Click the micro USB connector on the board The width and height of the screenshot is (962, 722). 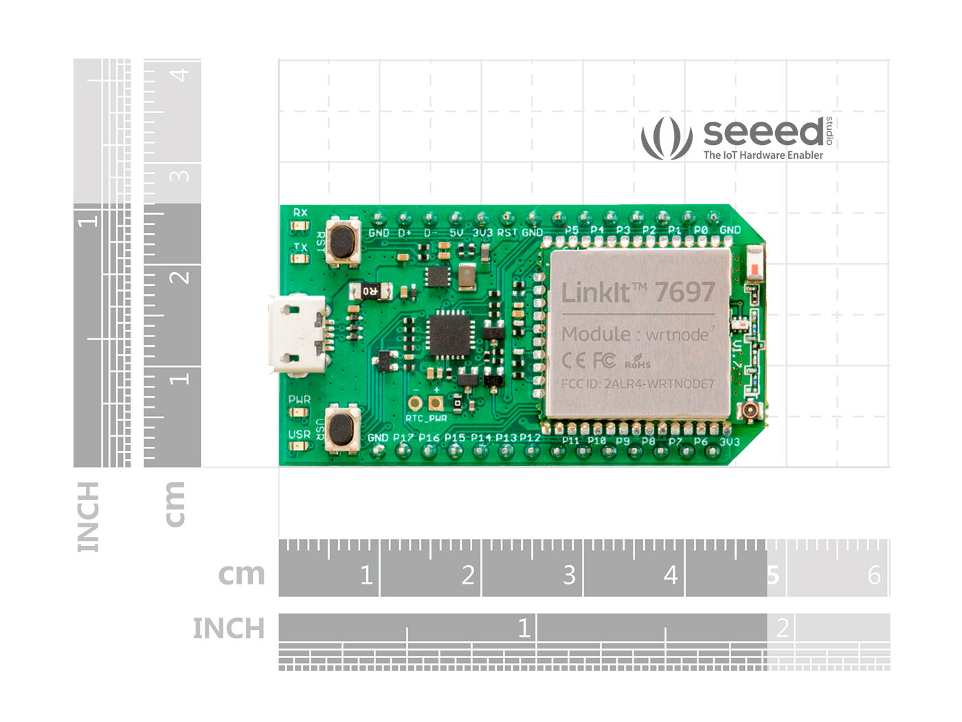tap(297, 334)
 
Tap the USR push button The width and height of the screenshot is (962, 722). tap(341, 428)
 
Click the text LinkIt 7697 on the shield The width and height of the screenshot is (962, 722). tap(638, 292)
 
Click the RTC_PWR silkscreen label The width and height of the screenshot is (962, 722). tap(426, 418)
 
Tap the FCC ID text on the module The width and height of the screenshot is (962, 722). tap(637, 384)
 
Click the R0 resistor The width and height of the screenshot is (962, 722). tap(370, 291)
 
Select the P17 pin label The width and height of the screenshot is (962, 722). tap(403, 437)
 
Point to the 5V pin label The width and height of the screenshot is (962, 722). tap(456, 232)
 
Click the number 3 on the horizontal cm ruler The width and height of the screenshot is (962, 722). tap(569, 575)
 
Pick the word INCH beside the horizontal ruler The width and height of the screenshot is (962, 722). tap(228, 628)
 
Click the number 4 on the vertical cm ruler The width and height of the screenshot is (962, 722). tap(181, 74)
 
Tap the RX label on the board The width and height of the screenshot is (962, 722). tap(300, 212)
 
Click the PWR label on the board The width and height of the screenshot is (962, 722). tap(299, 400)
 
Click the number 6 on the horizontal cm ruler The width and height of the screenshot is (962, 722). tap(874, 575)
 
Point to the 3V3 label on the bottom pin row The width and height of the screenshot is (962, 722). tap(728, 441)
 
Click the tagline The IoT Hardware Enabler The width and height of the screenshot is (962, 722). tap(763, 155)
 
